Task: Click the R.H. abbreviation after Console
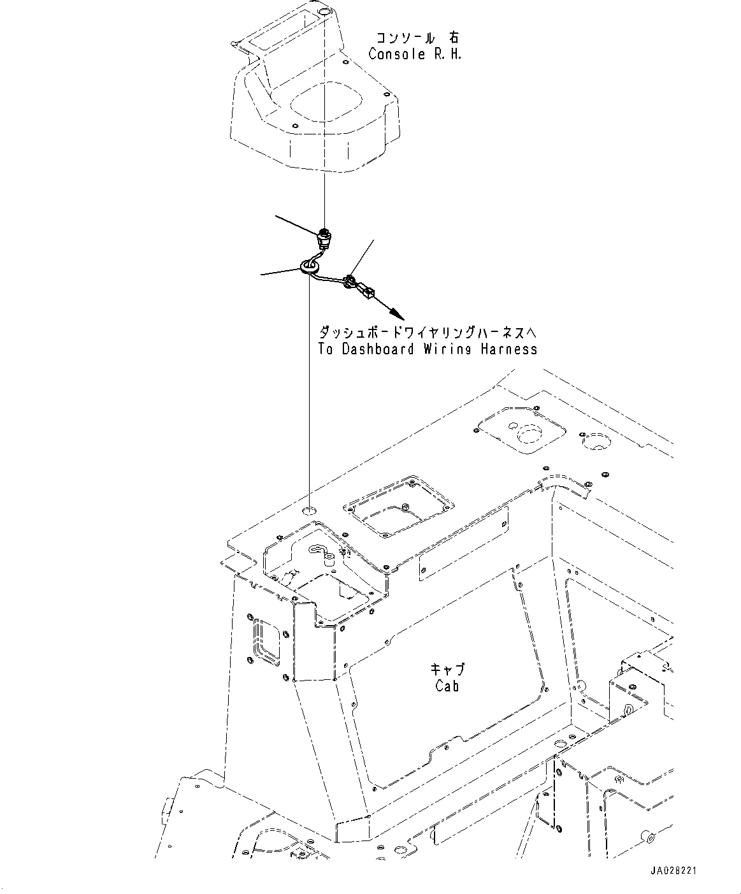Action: pyautogui.click(x=447, y=54)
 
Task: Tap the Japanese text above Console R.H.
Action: pyautogui.click(x=414, y=38)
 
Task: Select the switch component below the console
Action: pyautogui.click(x=325, y=239)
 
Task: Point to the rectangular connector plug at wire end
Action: pyautogui.click(x=367, y=292)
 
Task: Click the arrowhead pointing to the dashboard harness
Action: pyautogui.click(x=396, y=313)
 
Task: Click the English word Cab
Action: pyautogui.click(x=447, y=686)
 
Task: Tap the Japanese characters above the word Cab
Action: pyautogui.click(x=447, y=670)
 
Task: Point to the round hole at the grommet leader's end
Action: pyautogui.click(x=310, y=511)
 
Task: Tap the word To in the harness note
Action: pyautogui.click(x=326, y=349)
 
